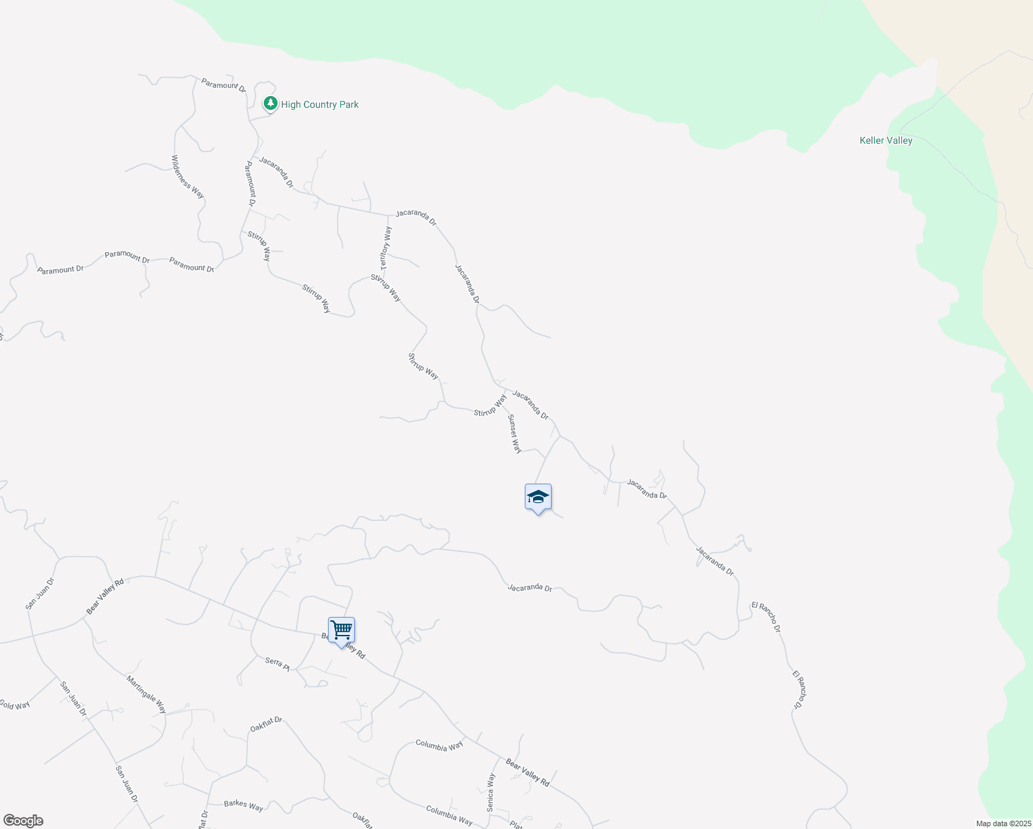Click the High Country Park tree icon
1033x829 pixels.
[271, 104]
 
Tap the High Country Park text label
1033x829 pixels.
[320, 104]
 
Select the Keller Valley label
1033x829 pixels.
[886, 140]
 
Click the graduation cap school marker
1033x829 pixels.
[538, 497]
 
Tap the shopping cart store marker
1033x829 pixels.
[341, 631]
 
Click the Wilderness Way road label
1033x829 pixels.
[188, 177]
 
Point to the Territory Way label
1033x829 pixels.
[386, 249]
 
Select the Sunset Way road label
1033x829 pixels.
[514, 434]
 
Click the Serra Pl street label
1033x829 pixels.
[278, 663]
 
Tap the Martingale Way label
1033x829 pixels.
[146, 694]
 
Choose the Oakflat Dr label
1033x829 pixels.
[267, 725]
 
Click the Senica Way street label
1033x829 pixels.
[491, 792]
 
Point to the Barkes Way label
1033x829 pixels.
[244, 806]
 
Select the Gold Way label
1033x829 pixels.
[15, 705]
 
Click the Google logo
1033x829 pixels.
[23, 821]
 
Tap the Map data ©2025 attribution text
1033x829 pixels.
[1003, 823]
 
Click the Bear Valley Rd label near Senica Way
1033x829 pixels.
[528, 772]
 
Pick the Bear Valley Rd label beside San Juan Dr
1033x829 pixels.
[105, 596]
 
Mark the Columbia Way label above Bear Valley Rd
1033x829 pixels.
[439, 745]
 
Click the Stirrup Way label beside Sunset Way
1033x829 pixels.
[490, 406]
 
